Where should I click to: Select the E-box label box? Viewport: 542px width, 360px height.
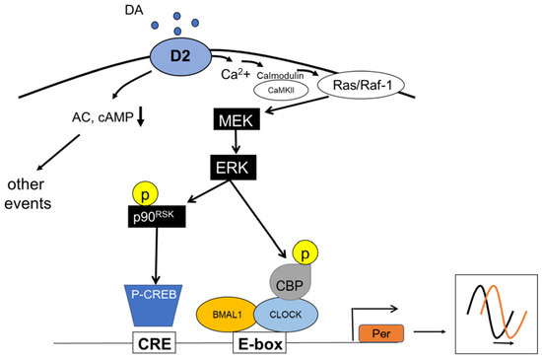click(264, 346)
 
